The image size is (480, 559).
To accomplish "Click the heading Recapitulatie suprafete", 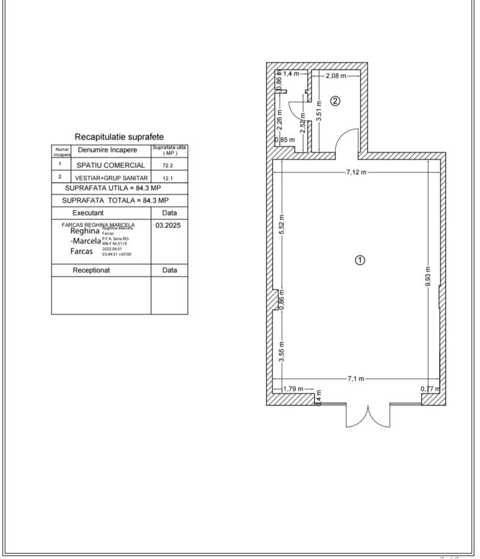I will [119, 137].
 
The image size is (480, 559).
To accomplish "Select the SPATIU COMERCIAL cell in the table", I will [111, 165].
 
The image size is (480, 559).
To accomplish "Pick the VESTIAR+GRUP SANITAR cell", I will [111, 177].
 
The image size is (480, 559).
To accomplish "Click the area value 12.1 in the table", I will [168, 178].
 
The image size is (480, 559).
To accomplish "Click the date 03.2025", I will [169, 224].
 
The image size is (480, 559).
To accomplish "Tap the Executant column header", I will [88, 213].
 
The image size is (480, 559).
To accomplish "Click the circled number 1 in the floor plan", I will [361, 260].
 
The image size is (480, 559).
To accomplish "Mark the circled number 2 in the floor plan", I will [335, 101].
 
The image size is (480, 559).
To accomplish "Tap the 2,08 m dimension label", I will [335, 75].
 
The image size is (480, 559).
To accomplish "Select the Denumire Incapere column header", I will [107, 150].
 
